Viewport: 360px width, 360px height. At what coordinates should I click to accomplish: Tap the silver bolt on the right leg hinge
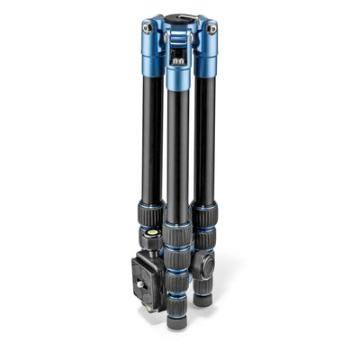(212, 29)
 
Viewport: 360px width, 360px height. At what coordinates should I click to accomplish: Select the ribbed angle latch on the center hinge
(178, 59)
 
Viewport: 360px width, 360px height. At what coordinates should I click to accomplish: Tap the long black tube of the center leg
(177, 153)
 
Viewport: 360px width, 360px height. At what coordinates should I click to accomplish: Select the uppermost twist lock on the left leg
(152, 217)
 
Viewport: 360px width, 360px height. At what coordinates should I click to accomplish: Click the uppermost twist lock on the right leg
(203, 217)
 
